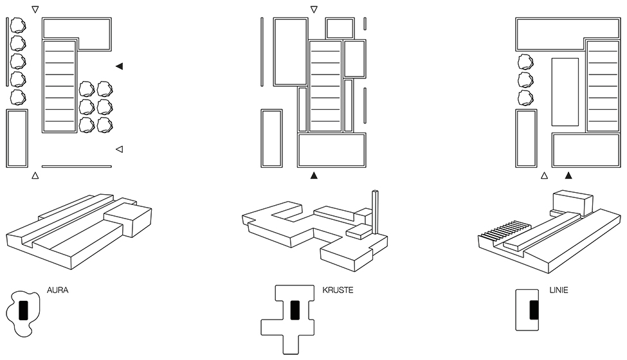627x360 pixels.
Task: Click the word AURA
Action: point(58,291)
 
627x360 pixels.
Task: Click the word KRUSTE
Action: point(338,291)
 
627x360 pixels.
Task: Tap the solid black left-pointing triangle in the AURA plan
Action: point(120,66)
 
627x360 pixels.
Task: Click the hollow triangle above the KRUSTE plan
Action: point(314,10)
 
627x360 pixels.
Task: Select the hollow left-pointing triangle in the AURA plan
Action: point(119,149)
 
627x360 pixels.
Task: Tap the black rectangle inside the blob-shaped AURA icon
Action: point(23,310)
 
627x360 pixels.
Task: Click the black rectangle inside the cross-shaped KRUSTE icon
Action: point(295,309)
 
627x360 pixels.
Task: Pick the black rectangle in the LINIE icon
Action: point(533,310)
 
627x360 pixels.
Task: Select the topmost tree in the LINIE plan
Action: point(526,62)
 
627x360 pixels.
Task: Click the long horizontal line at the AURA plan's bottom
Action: point(77,166)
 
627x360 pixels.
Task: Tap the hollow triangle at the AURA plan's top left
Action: point(35,10)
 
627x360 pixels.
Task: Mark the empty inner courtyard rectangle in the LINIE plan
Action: point(565,91)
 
